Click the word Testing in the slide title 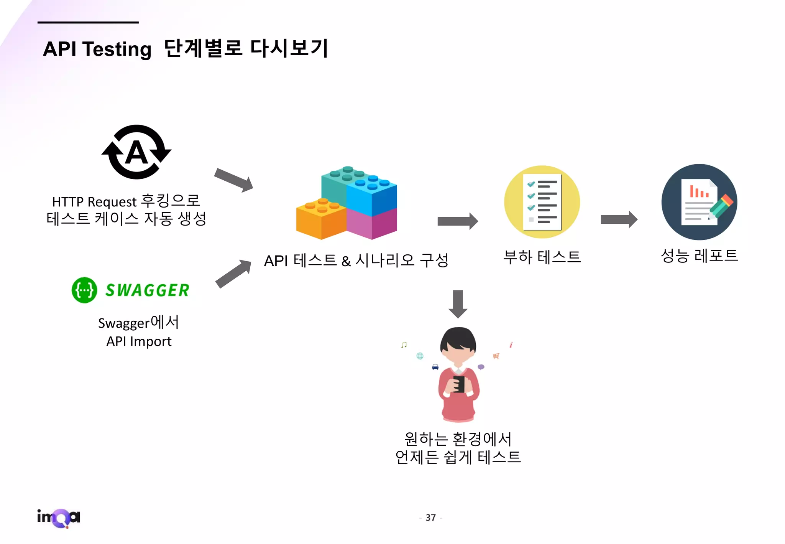[117, 49]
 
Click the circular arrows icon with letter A [136, 152]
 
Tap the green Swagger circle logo [84, 290]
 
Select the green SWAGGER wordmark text [147, 290]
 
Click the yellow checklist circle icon [542, 202]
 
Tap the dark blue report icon [699, 202]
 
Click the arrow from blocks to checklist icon [458, 221]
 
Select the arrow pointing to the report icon [619, 219]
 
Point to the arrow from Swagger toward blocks [233, 273]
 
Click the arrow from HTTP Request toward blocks [233, 180]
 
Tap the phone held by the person [459, 384]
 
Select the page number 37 [430, 518]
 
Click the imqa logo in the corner [59, 518]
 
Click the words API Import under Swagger [139, 341]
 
